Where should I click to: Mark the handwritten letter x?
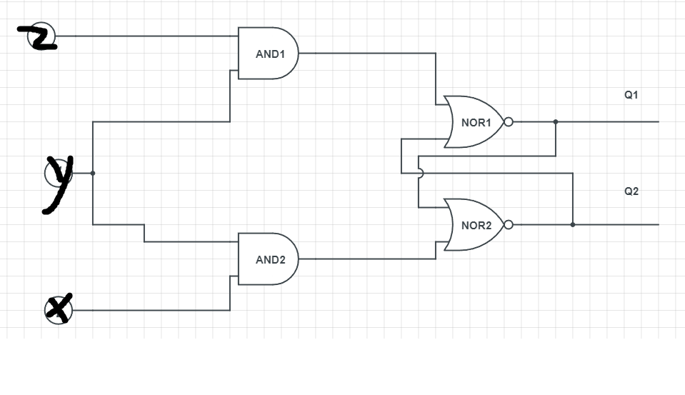(59, 309)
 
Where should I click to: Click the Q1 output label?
(631, 94)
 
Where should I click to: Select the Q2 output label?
(631, 191)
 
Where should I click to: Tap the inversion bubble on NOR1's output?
(509, 122)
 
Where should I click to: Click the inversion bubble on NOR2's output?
(509, 225)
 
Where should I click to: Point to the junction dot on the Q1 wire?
(556, 122)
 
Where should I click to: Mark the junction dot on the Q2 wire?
(573, 225)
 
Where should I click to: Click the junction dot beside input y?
(93, 173)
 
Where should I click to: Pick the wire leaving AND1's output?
(364, 53)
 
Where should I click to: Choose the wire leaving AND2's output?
(364, 259)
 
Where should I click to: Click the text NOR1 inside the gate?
(476, 123)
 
